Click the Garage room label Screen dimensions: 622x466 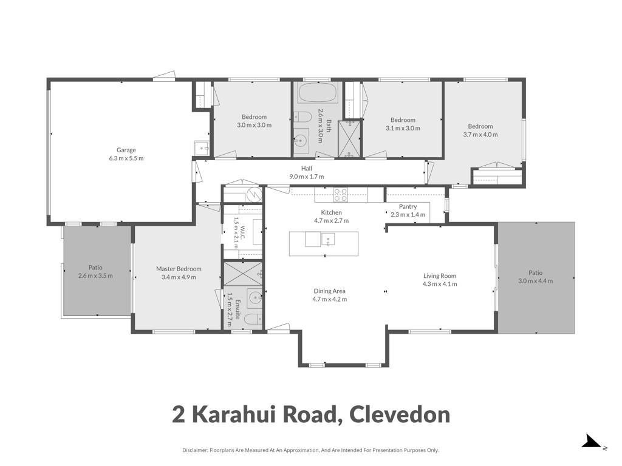coord(126,150)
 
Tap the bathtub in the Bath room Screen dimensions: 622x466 coord(317,93)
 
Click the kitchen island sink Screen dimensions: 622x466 coord(328,239)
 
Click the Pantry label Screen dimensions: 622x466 coord(408,206)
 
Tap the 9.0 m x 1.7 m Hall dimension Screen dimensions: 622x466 coord(306,177)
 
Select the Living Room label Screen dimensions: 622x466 coord(440,276)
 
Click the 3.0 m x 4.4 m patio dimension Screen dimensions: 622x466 coord(536,281)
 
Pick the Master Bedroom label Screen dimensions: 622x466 coord(179,269)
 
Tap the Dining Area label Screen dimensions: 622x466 coord(329,291)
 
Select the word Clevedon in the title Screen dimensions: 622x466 coord(400,414)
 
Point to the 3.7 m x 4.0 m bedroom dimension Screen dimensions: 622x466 coord(480,134)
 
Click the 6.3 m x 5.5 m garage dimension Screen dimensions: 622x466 coord(126,158)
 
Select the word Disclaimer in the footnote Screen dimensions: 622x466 coord(195,450)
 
